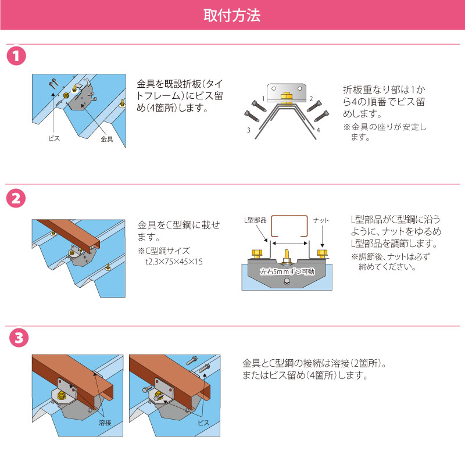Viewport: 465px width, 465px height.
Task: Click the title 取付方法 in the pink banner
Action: (231, 16)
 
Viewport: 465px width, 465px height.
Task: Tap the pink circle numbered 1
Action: (16, 56)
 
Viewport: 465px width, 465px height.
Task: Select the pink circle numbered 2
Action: (16, 198)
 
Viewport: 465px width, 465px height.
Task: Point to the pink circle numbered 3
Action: (19, 338)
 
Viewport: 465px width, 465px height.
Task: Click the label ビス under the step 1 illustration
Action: (54, 138)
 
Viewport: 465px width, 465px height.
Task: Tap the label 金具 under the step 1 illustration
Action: (107, 139)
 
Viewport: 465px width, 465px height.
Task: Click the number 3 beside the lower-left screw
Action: (249, 130)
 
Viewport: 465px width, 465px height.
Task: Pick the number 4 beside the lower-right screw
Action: (318, 130)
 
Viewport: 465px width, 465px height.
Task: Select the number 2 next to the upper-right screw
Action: (311, 99)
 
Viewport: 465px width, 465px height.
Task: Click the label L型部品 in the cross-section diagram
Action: (255, 220)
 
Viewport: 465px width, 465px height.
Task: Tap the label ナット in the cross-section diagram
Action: (321, 220)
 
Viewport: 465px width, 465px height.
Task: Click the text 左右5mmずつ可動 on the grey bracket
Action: (287, 271)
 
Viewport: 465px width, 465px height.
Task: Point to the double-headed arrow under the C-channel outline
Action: (289, 243)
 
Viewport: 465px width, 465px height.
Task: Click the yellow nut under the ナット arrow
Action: (322, 253)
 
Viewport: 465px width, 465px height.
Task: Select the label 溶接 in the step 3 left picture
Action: (105, 423)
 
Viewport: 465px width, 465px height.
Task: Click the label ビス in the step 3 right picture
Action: (203, 423)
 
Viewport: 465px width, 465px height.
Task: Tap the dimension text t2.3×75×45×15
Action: (174, 262)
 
